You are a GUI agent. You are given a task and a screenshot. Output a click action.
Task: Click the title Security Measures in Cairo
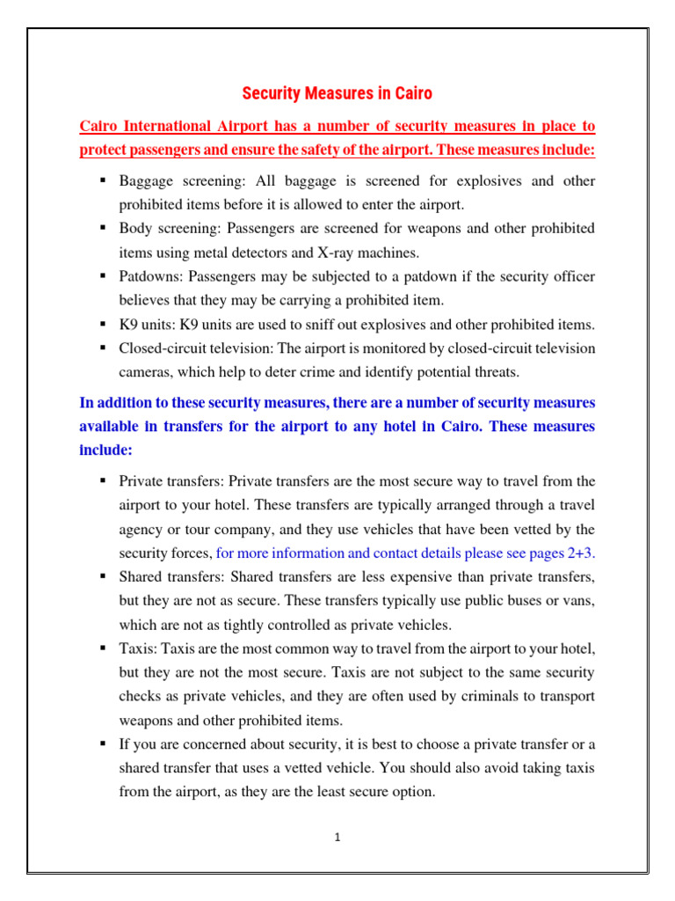337,93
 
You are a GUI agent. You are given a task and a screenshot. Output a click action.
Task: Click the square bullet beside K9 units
103,324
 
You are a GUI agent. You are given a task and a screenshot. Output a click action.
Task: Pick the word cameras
146,371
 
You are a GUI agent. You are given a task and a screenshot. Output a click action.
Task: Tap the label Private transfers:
172,481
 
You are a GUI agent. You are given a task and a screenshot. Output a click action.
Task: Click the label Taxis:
137,648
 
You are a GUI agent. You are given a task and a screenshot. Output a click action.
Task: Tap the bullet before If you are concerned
103,744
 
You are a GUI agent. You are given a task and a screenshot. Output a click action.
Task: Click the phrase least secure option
374,791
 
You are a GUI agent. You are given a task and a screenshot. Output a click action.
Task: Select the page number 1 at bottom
337,838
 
